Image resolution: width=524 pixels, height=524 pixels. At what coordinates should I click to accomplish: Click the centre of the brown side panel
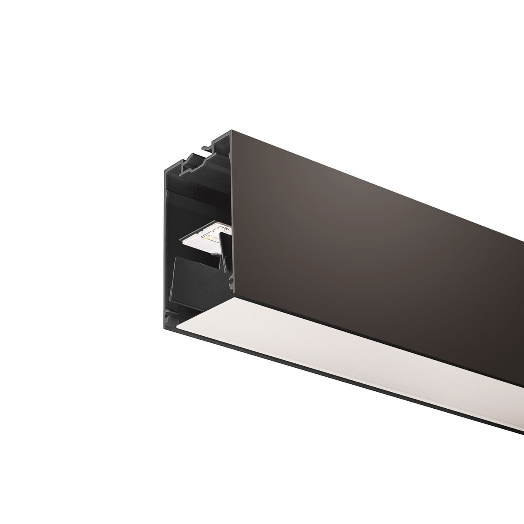371,227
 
